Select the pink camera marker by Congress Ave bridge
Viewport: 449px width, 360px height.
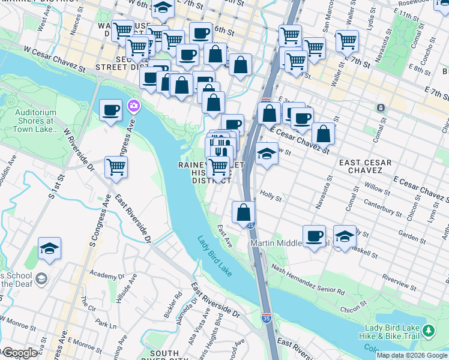(x=133, y=106)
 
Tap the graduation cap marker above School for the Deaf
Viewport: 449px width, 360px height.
(x=49, y=248)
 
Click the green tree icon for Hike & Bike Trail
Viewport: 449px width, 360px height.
(x=428, y=331)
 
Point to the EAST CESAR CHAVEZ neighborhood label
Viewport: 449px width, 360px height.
(x=364, y=167)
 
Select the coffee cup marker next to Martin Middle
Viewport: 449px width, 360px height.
(x=314, y=236)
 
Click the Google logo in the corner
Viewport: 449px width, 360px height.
(x=19, y=353)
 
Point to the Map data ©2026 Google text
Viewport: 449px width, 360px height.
(x=412, y=355)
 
